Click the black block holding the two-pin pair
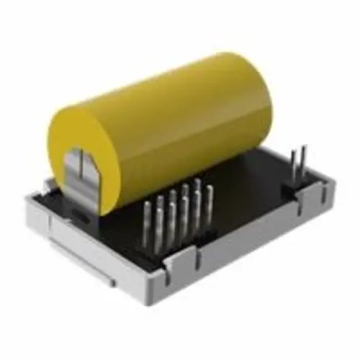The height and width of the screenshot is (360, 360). pyautogui.click(x=297, y=189)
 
